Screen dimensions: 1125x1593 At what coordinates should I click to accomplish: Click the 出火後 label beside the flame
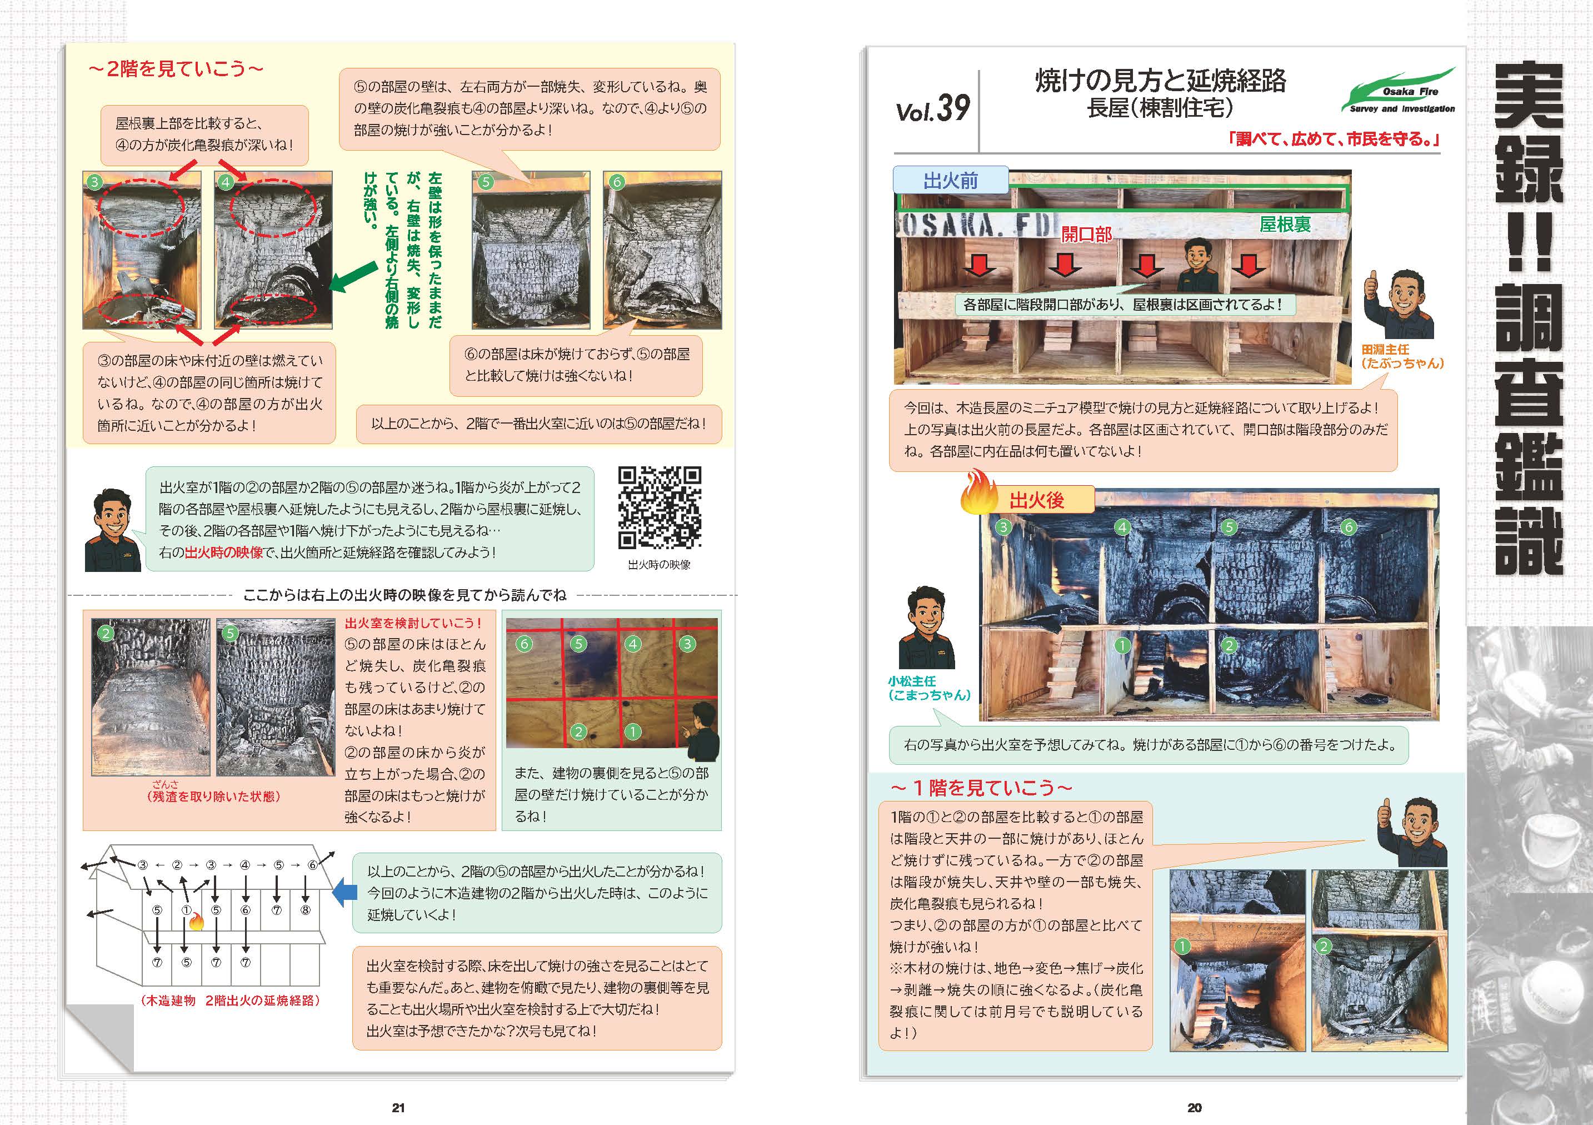point(1037,500)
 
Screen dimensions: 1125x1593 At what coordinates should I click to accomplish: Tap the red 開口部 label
point(1086,234)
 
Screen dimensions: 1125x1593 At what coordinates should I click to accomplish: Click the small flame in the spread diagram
point(196,922)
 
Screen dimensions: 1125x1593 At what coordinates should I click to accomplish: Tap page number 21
point(398,1108)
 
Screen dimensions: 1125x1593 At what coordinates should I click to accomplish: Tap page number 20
point(1194,1108)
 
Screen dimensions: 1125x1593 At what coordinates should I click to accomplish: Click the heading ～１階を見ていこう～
point(981,788)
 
